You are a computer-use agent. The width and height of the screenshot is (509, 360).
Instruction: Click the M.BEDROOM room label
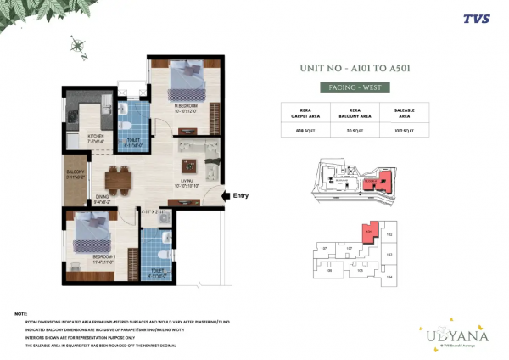186,106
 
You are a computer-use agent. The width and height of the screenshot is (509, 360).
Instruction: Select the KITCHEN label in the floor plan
96,136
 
